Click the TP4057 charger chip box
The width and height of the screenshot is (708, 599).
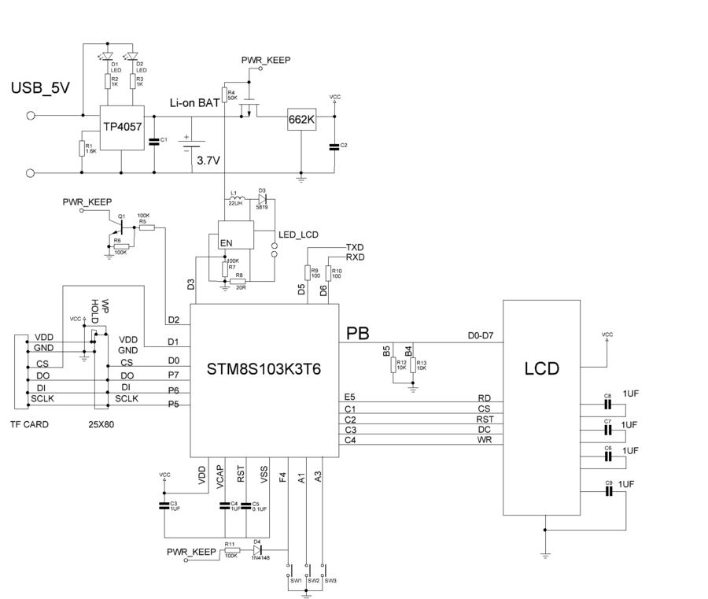coord(121,127)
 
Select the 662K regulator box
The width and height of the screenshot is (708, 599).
coord(301,120)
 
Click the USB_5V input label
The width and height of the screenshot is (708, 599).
coord(40,88)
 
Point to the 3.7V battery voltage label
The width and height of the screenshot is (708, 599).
coord(208,160)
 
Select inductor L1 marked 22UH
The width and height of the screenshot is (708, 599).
coord(234,198)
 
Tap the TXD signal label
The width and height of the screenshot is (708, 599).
coord(355,247)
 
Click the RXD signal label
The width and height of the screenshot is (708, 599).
coord(355,257)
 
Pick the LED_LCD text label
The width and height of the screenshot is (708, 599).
coord(299,235)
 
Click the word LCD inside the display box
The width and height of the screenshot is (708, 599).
coord(542,368)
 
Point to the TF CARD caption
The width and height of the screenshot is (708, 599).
coord(29,424)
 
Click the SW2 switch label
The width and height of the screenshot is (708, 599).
coord(313,580)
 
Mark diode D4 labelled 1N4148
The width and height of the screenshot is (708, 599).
coord(257,551)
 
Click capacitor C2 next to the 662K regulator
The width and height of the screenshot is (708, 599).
coord(334,146)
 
